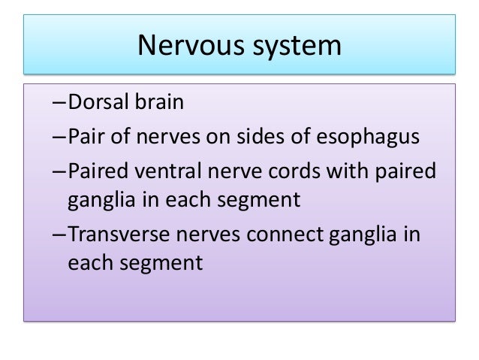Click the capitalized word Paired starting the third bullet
pyautogui.click(x=96, y=171)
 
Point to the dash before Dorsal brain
pyautogui.click(x=60, y=103)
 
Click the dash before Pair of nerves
pyautogui.click(x=60, y=138)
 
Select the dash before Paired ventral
pyautogui.click(x=60, y=172)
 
